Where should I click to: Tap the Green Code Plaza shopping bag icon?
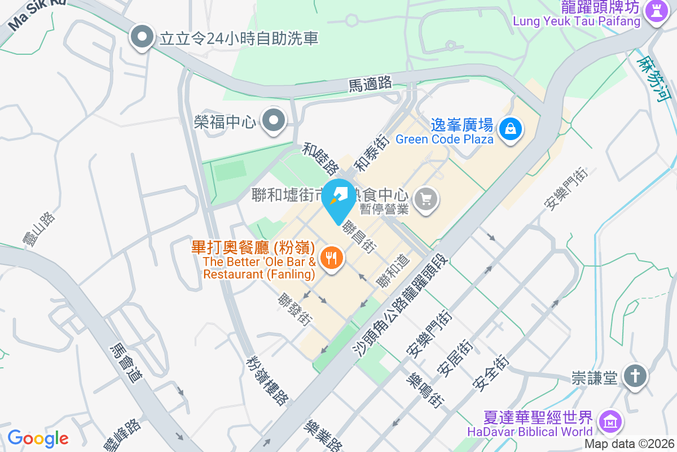point(511,129)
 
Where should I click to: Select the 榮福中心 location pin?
point(275,120)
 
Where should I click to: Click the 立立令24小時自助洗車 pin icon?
point(142,38)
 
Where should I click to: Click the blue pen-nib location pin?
point(340,197)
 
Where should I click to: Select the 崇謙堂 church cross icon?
point(635,376)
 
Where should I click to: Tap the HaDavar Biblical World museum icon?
point(610,421)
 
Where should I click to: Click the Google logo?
point(38,438)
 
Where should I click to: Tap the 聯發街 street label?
point(295,308)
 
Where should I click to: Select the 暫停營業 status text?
point(384,209)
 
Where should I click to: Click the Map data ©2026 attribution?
point(630,444)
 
